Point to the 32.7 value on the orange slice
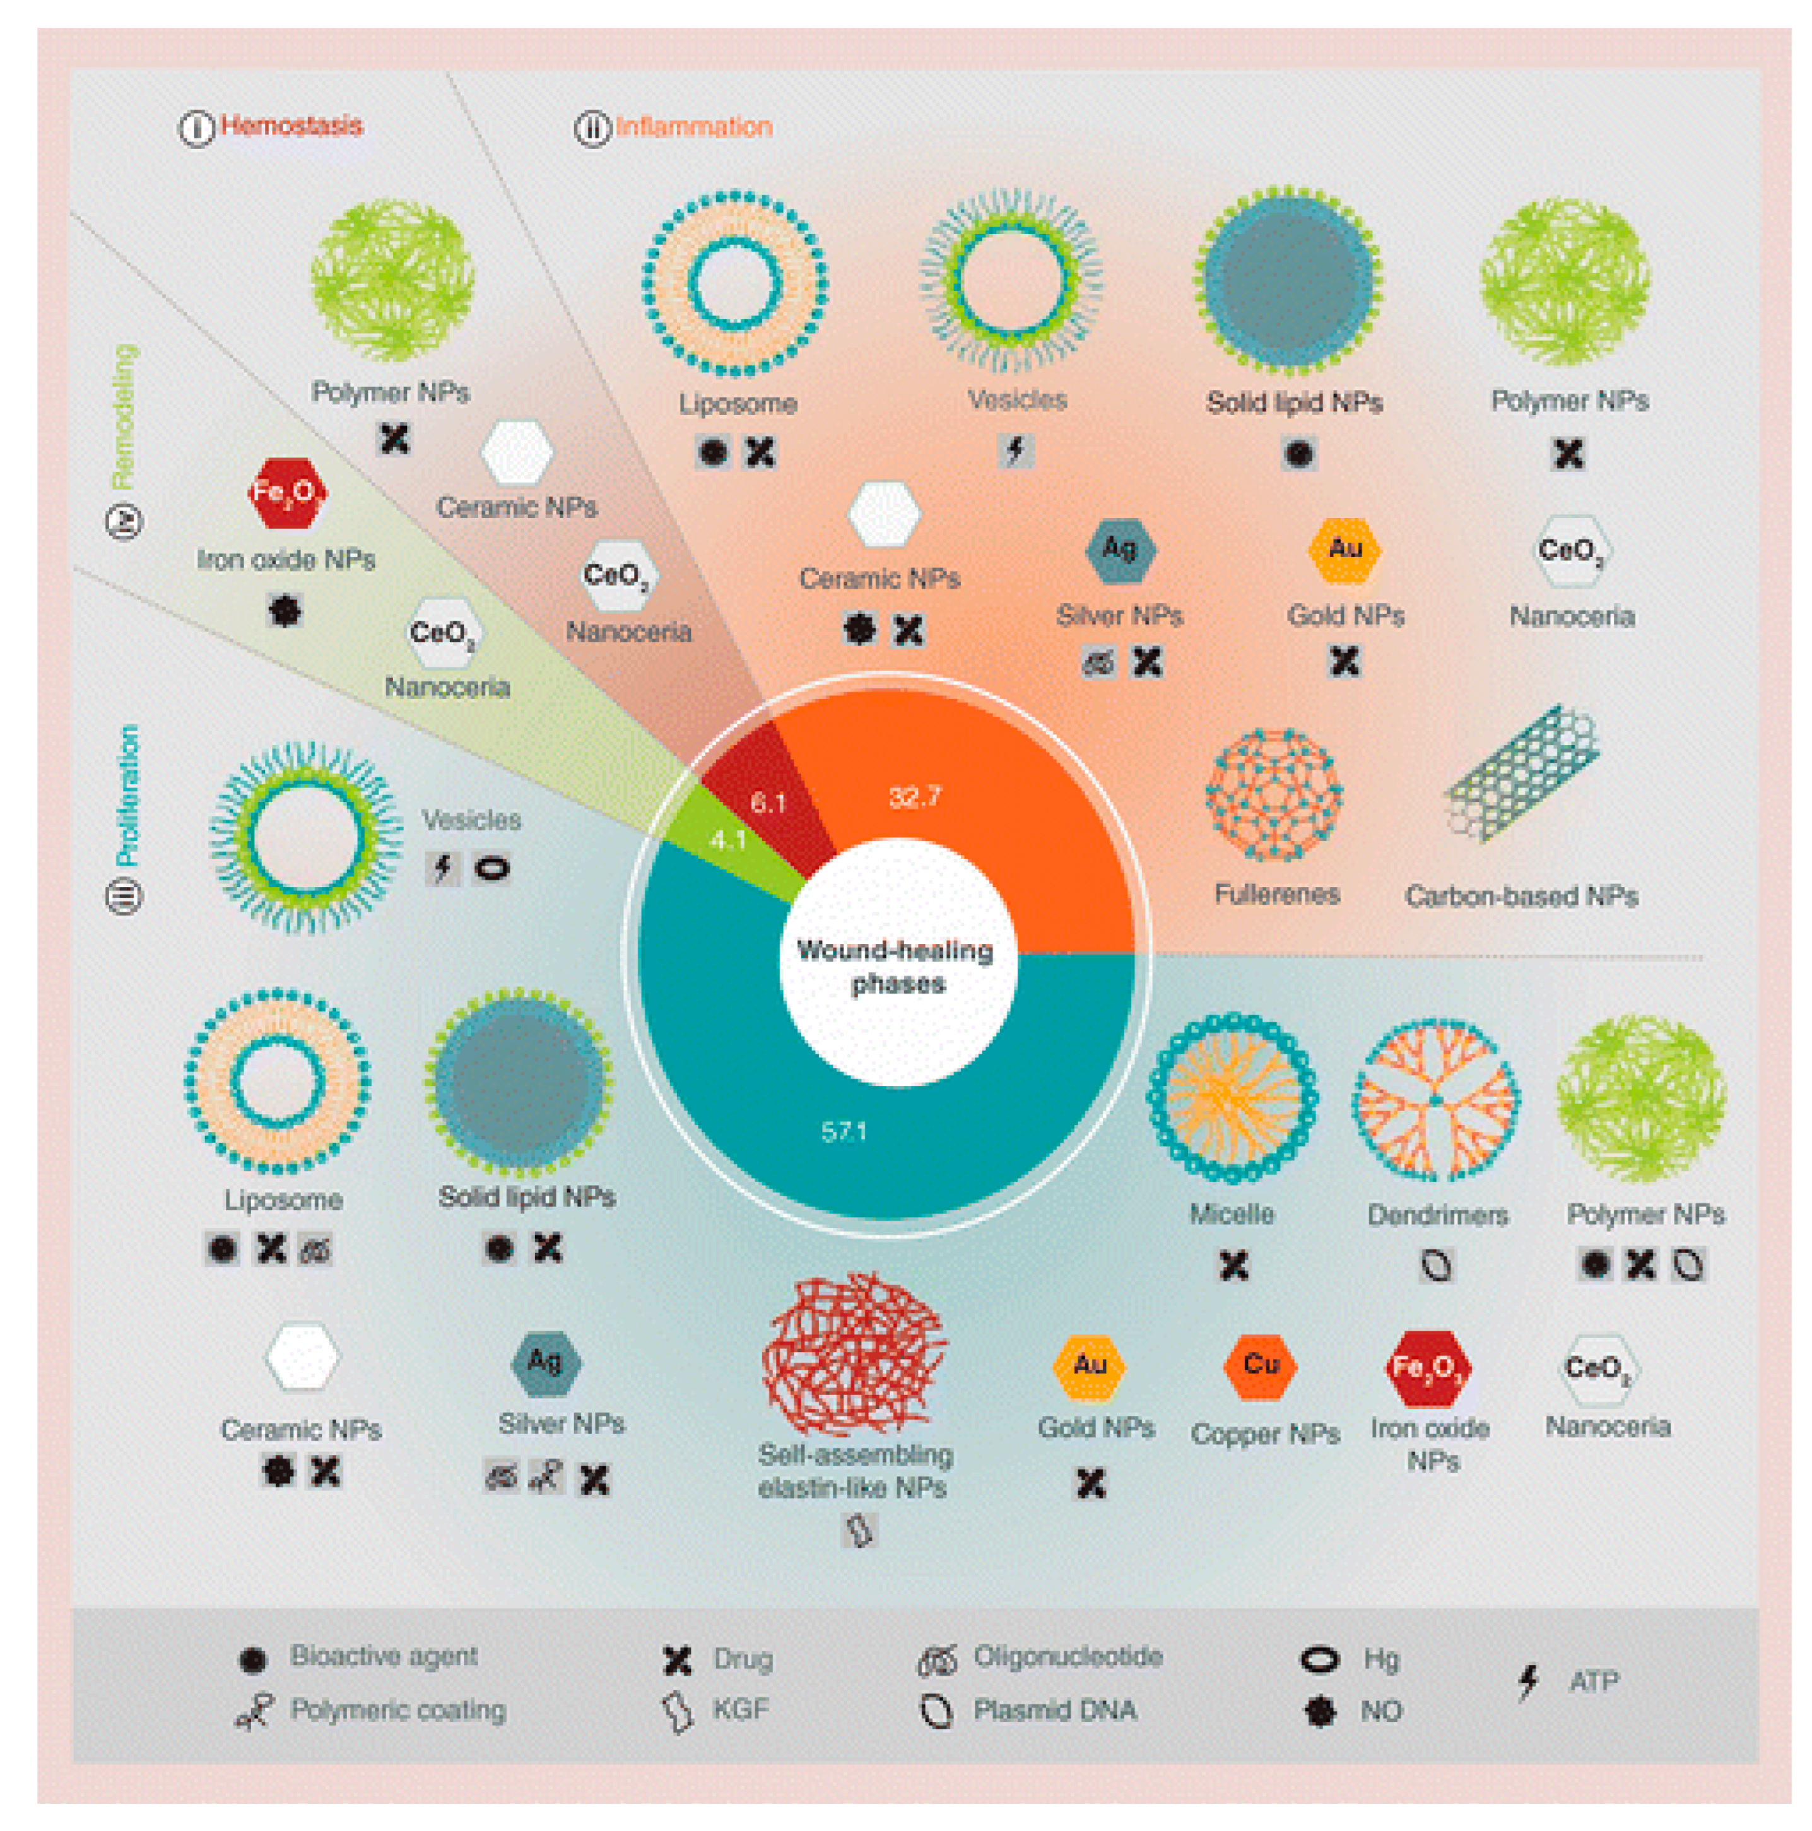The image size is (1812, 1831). [x=915, y=796]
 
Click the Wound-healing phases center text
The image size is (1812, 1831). [x=895, y=966]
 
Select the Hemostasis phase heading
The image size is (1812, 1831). [x=290, y=126]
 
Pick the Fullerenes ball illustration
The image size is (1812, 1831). [x=1274, y=795]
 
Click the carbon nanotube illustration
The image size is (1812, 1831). [x=1521, y=772]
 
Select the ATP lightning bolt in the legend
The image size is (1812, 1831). [x=1527, y=1682]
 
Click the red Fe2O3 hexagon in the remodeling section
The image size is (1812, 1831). [x=286, y=493]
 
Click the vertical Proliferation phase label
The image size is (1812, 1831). [x=126, y=796]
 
